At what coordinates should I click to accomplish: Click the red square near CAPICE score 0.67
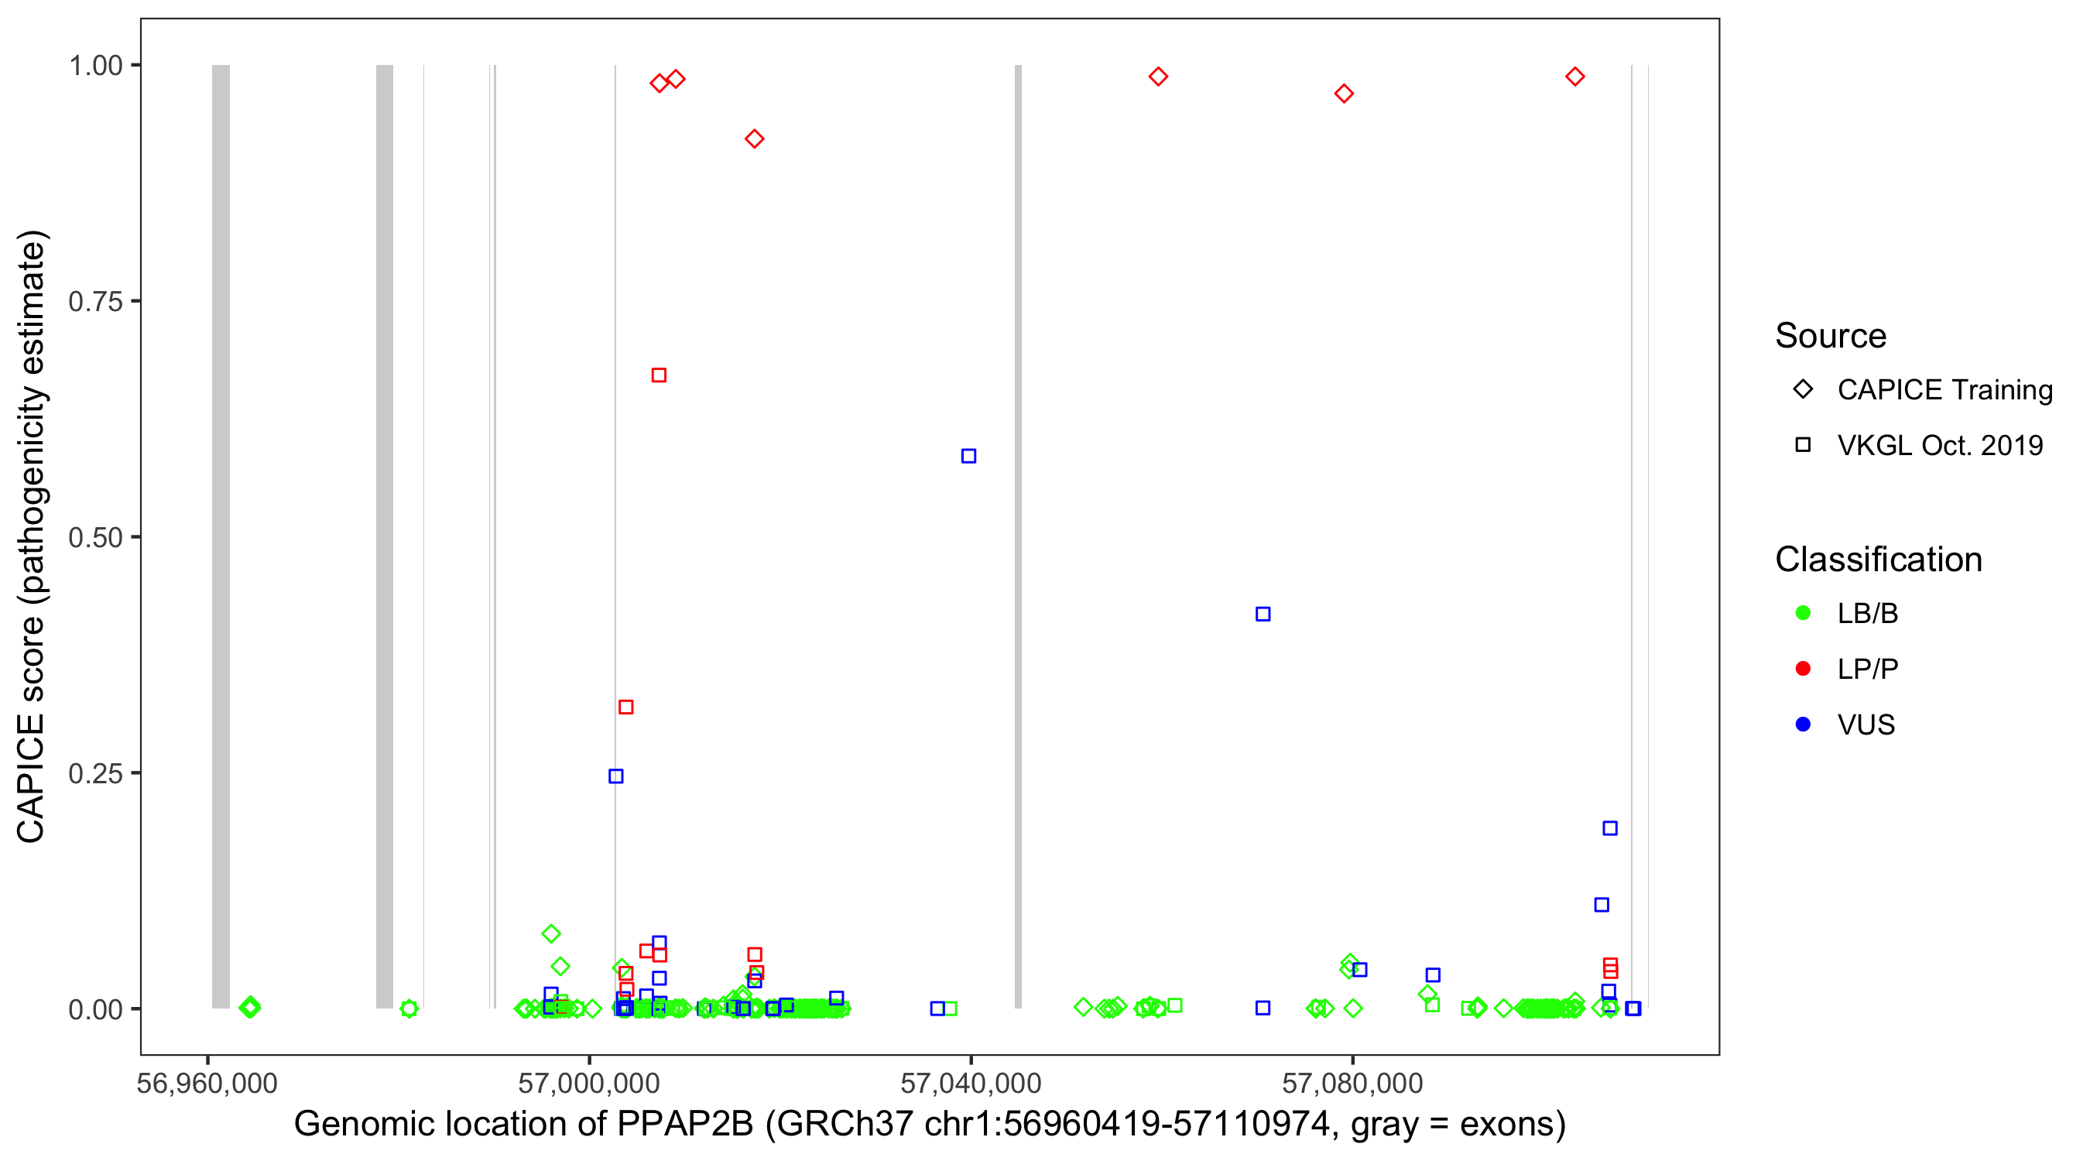tap(659, 375)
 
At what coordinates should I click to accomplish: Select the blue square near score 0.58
tap(968, 456)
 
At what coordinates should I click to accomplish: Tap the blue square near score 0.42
tap(1263, 615)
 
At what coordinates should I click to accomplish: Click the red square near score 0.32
tap(625, 707)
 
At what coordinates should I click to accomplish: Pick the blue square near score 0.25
tap(616, 776)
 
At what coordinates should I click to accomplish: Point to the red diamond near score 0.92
tap(754, 139)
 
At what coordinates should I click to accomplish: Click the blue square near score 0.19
tap(1610, 828)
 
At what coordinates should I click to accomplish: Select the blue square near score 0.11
tap(1601, 905)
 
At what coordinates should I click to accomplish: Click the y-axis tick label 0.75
tap(95, 301)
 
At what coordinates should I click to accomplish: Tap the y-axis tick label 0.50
tap(95, 537)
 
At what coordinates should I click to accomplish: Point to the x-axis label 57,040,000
tap(971, 1083)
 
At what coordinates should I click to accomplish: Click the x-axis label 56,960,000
tap(207, 1083)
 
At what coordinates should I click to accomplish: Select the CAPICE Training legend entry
tap(1944, 389)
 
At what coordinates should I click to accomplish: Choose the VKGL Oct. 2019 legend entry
tap(1939, 445)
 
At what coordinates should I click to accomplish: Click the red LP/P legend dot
tap(1803, 669)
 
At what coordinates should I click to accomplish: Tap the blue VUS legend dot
tap(1803, 724)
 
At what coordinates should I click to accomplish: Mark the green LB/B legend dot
tap(1803, 612)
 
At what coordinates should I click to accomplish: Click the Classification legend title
tap(1878, 559)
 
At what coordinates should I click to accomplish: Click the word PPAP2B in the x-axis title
tap(685, 1124)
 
